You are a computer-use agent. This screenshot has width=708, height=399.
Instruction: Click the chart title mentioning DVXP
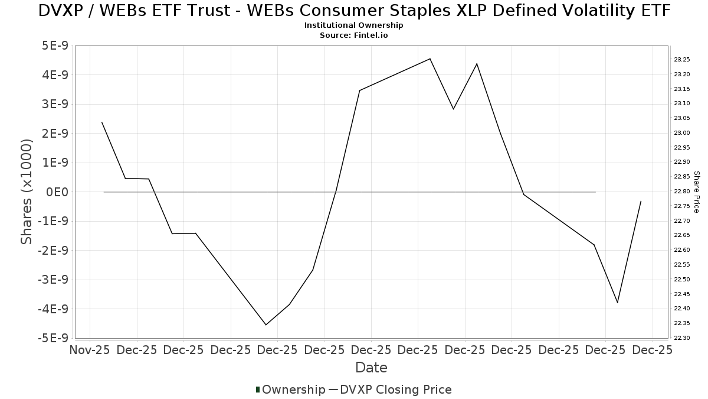(x=354, y=11)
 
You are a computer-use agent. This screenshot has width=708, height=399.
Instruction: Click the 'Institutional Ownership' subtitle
(x=354, y=25)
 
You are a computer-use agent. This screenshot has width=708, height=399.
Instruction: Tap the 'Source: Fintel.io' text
(x=354, y=35)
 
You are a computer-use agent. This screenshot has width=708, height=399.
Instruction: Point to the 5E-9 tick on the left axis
(x=54, y=46)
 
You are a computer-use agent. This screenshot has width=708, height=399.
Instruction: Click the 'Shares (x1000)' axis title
(x=27, y=192)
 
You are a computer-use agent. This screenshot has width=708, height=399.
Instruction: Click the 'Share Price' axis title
(x=696, y=192)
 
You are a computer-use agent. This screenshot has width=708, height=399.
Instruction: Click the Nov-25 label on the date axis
(x=90, y=350)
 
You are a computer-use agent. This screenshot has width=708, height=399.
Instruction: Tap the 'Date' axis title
(x=371, y=368)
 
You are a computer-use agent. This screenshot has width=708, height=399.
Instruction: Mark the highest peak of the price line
(x=430, y=59)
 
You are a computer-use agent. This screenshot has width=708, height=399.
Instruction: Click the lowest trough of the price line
(x=266, y=325)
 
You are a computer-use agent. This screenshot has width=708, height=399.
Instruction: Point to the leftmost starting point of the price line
(x=102, y=122)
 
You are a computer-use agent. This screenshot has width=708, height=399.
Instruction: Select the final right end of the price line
(x=641, y=201)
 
